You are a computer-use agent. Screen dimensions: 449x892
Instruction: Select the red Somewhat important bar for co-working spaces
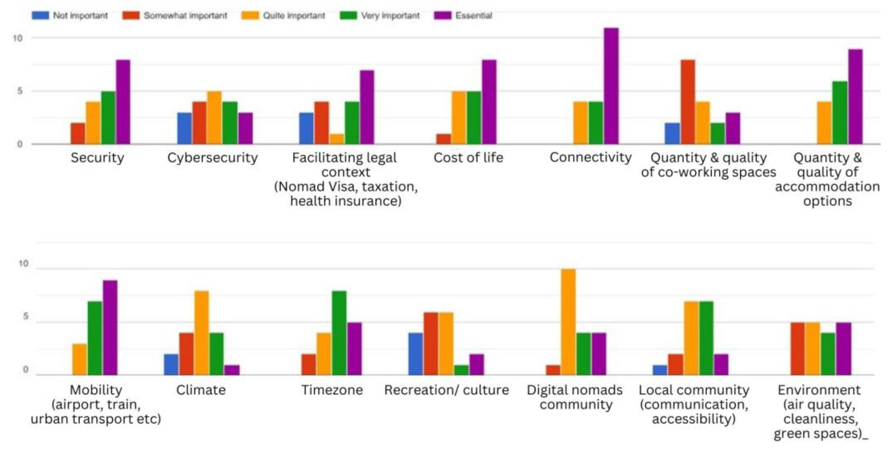[x=687, y=102]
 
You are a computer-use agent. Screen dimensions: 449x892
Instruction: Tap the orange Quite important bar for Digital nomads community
[x=568, y=322]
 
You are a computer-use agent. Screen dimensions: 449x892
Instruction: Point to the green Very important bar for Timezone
[x=339, y=333]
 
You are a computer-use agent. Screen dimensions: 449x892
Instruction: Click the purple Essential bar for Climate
[x=232, y=370]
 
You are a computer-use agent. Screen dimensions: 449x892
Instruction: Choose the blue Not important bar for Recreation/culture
[x=416, y=354]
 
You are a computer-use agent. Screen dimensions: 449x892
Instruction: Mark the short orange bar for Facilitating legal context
[x=337, y=139]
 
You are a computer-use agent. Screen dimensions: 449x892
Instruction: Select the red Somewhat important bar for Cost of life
[x=444, y=139]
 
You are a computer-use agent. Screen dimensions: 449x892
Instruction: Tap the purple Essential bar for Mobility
[x=110, y=327]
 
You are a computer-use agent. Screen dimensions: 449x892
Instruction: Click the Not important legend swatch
[x=40, y=16]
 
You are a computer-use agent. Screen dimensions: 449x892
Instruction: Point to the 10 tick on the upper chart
[x=18, y=38]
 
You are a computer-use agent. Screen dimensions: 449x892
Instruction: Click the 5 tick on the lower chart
[x=25, y=317]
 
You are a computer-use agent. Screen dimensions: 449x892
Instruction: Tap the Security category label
[x=97, y=158]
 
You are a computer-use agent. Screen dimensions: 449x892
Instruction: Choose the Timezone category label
[x=332, y=390]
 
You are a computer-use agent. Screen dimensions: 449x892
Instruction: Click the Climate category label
[x=201, y=390]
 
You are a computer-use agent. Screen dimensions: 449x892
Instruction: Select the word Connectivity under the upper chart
[x=591, y=158]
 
